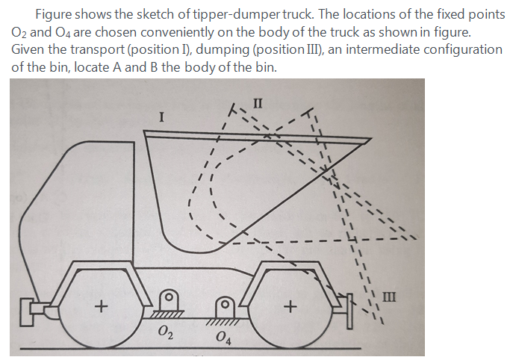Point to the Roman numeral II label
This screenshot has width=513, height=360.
click(x=258, y=102)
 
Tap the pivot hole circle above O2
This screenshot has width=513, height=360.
click(x=170, y=296)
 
